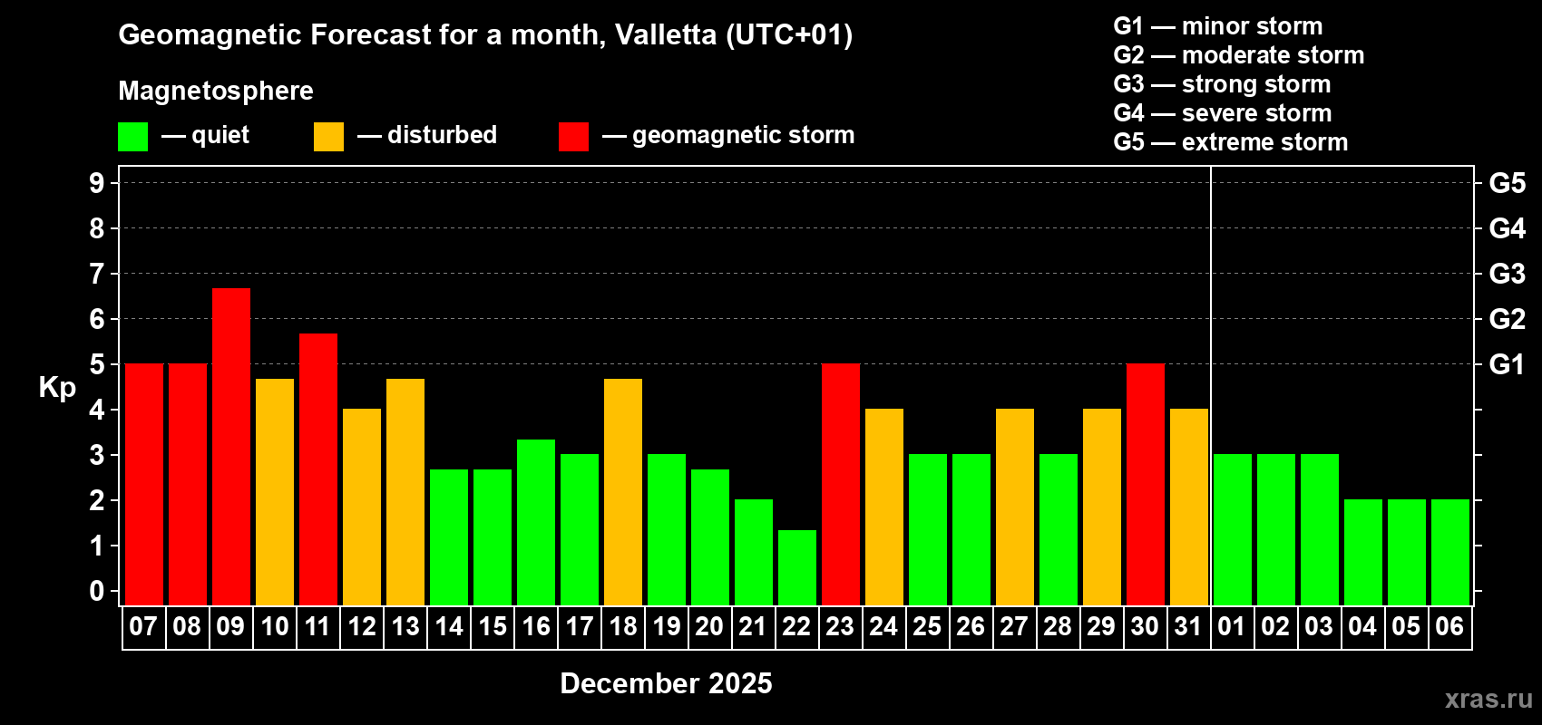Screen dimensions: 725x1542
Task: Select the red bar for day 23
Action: point(841,484)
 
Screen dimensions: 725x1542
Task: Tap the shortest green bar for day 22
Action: point(797,567)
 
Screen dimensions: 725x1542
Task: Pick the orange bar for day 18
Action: point(623,491)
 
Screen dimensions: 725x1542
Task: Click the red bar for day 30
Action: point(1146,484)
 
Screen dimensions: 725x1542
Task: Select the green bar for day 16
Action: point(536,522)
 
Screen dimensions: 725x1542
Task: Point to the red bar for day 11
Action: point(318,469)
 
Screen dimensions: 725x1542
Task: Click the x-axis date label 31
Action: point(1188,626)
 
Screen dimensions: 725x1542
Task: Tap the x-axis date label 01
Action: point(1232,626)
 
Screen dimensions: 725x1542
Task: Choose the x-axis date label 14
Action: point(449,626)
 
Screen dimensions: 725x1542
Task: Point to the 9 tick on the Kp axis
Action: point(97,183)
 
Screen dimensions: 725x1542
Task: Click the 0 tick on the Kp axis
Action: point(97,591)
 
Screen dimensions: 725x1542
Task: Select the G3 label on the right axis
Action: point(1507,274)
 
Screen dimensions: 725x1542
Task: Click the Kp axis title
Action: point(57,387)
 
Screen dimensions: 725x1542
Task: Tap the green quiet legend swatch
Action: point(133,137)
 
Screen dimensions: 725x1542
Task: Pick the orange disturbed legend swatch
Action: point(328,137)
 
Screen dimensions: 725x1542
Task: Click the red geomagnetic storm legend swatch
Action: point(573,137)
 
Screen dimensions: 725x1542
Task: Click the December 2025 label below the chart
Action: point(666,683)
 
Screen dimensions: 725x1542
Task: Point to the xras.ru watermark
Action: point(1488,699)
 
